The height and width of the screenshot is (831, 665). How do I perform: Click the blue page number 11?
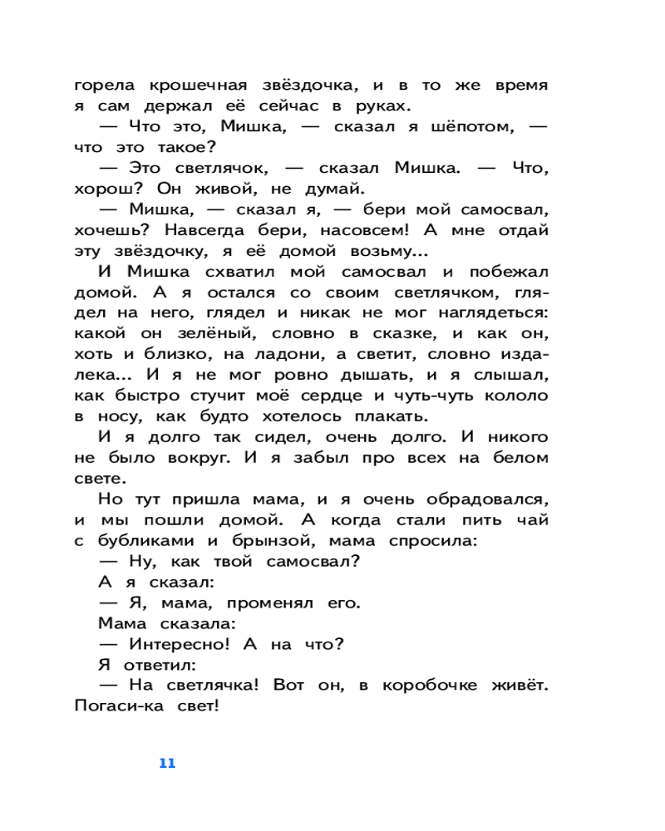(167, 764)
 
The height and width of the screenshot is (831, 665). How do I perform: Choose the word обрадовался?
(485, 499)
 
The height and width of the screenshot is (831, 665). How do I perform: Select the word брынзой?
(263, 541)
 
